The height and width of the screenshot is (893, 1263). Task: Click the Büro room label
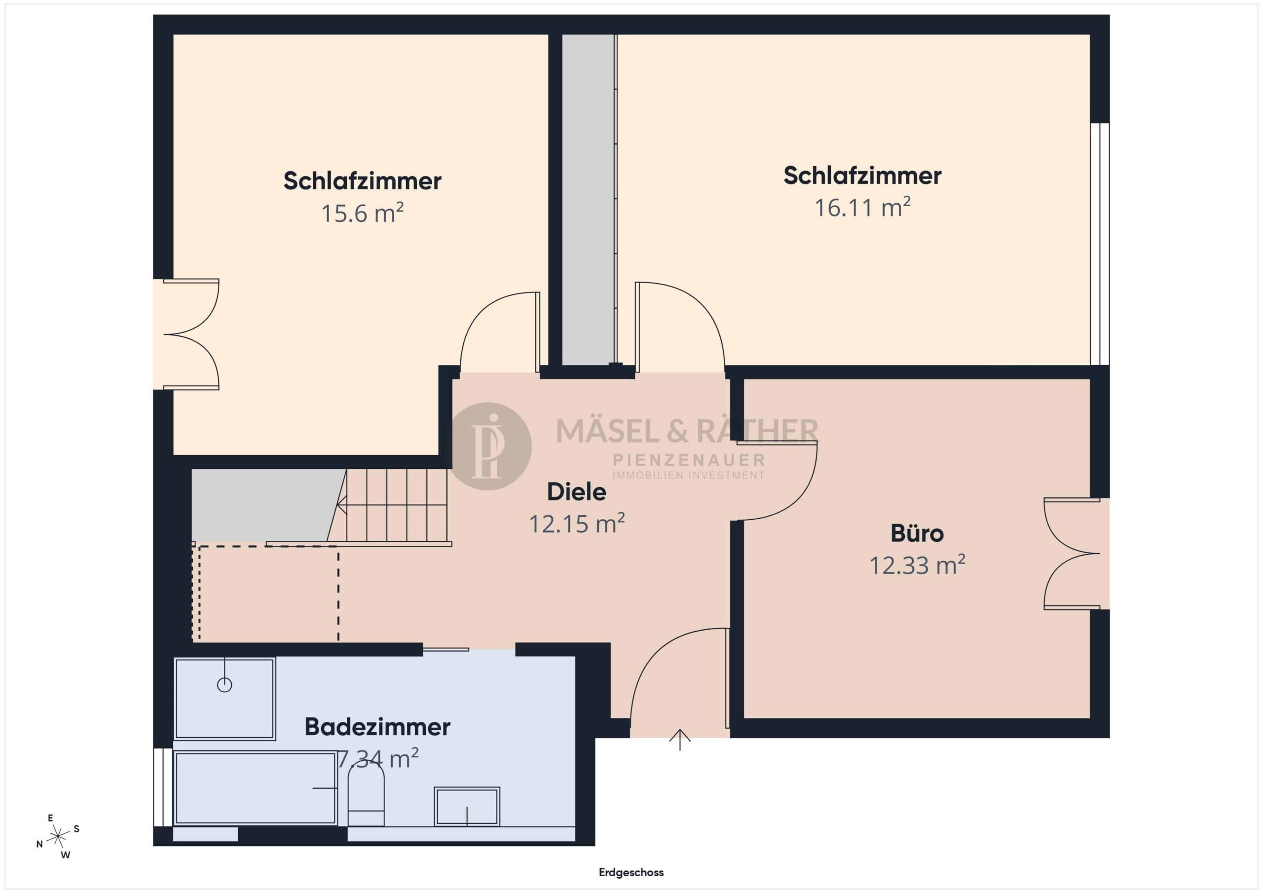(917, 534)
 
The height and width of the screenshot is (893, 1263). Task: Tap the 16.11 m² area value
(862, 208)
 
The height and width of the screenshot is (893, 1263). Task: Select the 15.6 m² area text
(362, 213)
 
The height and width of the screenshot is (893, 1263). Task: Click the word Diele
(577, 492)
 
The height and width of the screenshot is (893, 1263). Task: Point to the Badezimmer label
(377, 726)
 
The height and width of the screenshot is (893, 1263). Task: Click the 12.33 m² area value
(917, 565)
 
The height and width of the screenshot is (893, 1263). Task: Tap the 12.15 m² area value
(577, 524)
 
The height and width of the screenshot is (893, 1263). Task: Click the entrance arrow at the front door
(680, 740)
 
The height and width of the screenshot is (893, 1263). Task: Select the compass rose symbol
(58, 837)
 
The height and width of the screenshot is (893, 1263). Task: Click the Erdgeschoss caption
(631, 872)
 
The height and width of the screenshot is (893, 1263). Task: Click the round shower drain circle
(224, 684)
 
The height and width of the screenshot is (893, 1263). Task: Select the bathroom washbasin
(467, 807)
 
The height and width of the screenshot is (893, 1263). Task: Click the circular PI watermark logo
(490, 446)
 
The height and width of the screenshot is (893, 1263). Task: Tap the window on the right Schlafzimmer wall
(1100, 244)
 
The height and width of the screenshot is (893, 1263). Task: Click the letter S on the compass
(76, 829)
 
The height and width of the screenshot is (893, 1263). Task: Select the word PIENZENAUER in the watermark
(689, 460)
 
